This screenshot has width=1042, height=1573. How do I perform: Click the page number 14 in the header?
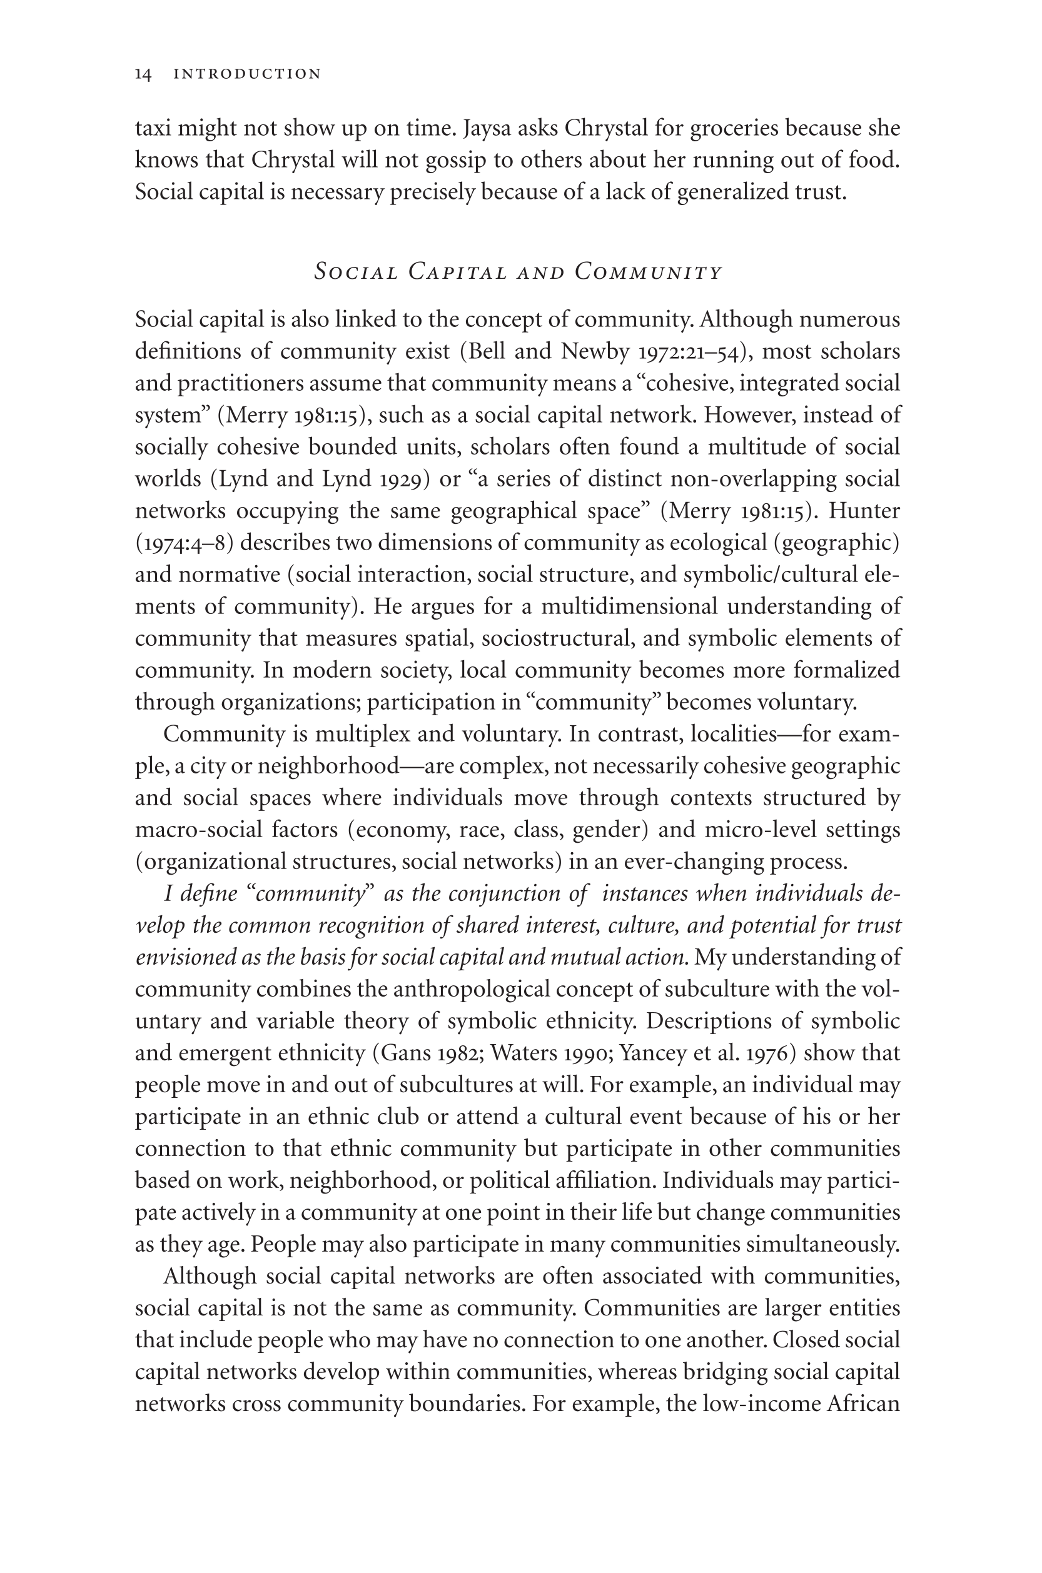point(143,74)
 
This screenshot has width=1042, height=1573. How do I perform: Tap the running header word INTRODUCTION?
point(247,74)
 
